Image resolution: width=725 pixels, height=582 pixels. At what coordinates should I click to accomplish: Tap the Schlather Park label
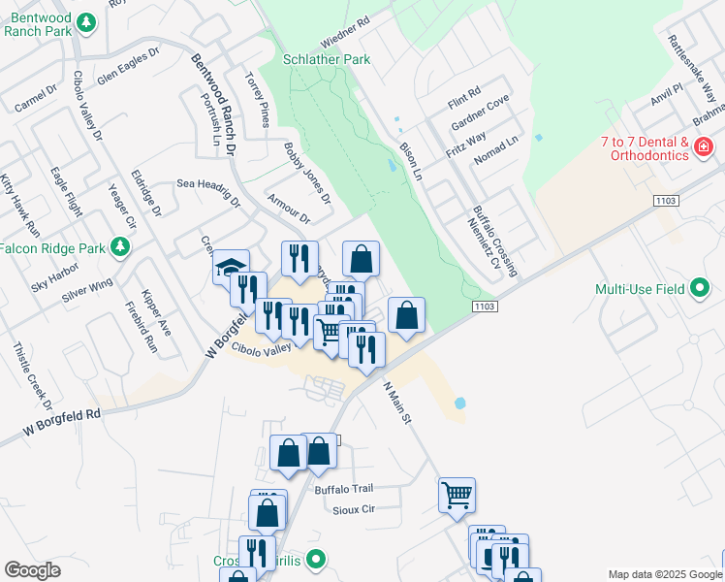pyautogui.click(x=327, y=59)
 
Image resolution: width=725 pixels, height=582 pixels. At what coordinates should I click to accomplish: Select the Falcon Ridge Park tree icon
pyautogui.click(x=120, y=247)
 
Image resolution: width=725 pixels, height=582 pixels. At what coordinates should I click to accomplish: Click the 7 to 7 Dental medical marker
pyautogui.click(x=703, y=147)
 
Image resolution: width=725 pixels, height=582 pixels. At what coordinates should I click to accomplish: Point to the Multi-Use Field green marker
pyautogui.click(x=700, y=289)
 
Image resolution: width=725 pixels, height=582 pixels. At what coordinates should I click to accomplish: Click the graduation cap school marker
pyautogui.click(x=231, y=267)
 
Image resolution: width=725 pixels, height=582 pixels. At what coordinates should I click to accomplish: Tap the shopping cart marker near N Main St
pyautogui.click(x=457, y=495)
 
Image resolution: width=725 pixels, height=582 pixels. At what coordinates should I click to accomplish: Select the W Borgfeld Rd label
pyautogui.click(x=63, y=422)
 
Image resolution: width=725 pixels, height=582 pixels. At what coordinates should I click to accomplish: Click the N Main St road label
pyautogui.click(x=398, y=403)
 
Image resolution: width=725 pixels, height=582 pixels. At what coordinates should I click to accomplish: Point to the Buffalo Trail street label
pyautogui.click(x=343, y=490)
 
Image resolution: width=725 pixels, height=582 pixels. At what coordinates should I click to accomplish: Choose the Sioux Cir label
pyautogui.click(x=353, y=509)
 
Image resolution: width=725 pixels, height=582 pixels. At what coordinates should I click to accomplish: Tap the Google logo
pyautogui.click(x=32, y=570)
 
